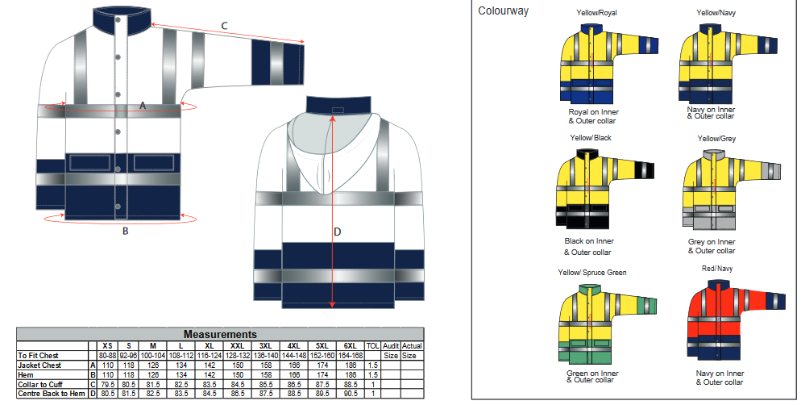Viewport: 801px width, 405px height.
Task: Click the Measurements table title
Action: pos(220,334)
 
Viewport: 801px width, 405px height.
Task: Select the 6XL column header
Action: pos(351,345)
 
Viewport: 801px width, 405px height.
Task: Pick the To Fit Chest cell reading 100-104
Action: pos(153,355)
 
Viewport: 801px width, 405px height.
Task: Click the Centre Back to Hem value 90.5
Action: pos(351,394)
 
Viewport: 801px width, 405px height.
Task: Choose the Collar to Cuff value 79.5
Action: pos(107,384)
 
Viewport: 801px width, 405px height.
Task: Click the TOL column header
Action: pos(372,345)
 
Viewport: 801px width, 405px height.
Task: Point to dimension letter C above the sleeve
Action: pos(225,27)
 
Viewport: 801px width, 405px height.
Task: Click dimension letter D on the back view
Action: pos(338,232)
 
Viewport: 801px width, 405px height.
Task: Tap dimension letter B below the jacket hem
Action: pos(125,232)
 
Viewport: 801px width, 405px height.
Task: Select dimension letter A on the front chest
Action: pos(143,106)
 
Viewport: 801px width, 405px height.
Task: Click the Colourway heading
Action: pos(504,11)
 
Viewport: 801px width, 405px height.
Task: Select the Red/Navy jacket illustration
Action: pos(737,320)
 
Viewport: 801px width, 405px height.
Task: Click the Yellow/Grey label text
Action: pos(716,139)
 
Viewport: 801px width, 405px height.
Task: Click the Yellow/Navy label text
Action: pos(716,13)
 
